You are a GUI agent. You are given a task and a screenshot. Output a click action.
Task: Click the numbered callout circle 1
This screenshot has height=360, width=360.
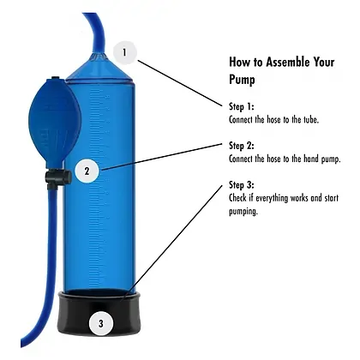point(125,52)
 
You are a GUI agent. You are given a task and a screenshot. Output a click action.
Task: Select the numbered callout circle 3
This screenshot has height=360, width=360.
point(101,323)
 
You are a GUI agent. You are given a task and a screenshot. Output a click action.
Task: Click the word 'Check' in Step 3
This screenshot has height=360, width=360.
point(239,199)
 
